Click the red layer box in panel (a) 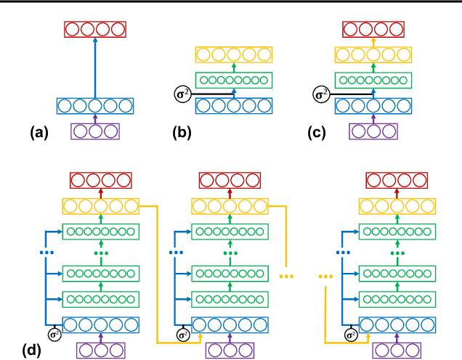click(x=94, y=30)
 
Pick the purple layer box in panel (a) click(x=94, y=131)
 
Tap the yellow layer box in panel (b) click(x=234, y=54)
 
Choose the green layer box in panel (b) click(x=234, y=80)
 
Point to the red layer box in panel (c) click(x=373, y=30)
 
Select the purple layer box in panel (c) click(x=373, y=131)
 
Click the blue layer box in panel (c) click(x=373, y=106)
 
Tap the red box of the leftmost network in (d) click(x=101, y=181)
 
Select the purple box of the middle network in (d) click(x=230, y=350)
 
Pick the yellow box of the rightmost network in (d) click(x=395, y=207)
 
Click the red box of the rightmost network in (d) click(x=395, y=181)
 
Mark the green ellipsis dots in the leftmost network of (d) click(x=101, y=253)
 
